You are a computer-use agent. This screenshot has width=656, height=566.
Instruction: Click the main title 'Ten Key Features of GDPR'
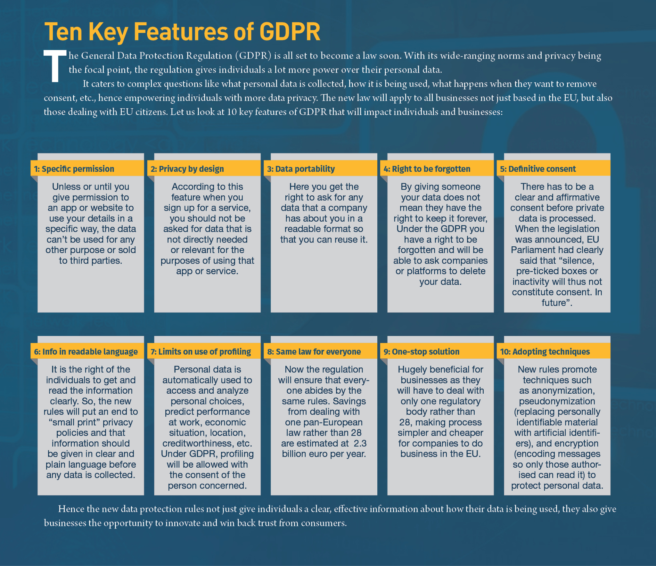tap(182, 32)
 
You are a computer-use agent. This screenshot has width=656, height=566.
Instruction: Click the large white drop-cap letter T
tap(55, 66)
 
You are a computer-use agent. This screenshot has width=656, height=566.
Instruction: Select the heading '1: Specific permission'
tap(74, 169)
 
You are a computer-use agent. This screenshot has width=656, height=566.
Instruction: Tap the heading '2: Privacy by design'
tap(187, 169)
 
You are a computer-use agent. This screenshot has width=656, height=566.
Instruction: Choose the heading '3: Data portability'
tap(301, 169)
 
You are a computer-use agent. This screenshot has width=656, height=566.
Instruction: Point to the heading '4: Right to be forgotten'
tap(427, 169)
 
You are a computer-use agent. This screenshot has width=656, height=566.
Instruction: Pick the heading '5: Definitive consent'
tap(538, 169)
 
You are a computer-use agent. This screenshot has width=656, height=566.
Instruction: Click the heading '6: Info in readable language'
tap(86, 352)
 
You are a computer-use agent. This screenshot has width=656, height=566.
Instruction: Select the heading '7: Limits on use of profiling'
tap(201, 352)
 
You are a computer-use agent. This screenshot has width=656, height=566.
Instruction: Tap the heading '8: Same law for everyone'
tap(314, 352)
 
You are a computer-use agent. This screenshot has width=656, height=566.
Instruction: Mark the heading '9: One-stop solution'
tap(422, 352)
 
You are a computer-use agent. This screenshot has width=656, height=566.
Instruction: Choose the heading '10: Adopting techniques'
tap(545, 352)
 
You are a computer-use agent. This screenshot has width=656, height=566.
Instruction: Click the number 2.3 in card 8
tap(360, 443)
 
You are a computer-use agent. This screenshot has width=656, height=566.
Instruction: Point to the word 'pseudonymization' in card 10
tap(557, 401)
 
